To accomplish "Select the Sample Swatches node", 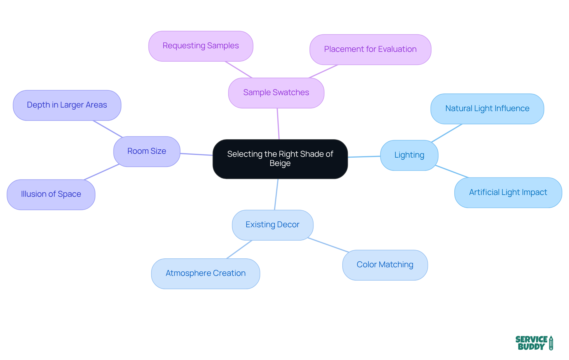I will click(x=276, y=93).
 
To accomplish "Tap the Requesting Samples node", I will click(x=201, y=46).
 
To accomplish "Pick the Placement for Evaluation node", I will click(x=370, y=49).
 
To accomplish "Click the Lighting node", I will click(x=409, y=155).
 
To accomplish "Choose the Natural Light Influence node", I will click(x=487, y=109).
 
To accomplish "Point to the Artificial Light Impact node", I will click(x=508, y=193).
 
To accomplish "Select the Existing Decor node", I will click(x=272, y=225).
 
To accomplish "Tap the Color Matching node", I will click(x=385, y=265).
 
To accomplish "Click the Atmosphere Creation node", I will click(x=205, y=273).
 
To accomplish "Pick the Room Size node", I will click(x=147, y=151).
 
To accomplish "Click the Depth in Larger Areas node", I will click(x=67, y=105).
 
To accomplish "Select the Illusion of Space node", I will click(x=51, y=194).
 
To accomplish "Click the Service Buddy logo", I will click(x=534, y=343).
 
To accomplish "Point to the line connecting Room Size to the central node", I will click(x=196, y=154).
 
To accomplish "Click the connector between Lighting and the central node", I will click(x=364, y=156).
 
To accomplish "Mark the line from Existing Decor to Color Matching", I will click(x=328, y=245).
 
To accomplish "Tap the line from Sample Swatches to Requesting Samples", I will click(x=239, y=70).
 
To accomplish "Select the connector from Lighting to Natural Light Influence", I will click(x=447, y=133).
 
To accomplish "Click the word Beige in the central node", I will click(x=280, y=163).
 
